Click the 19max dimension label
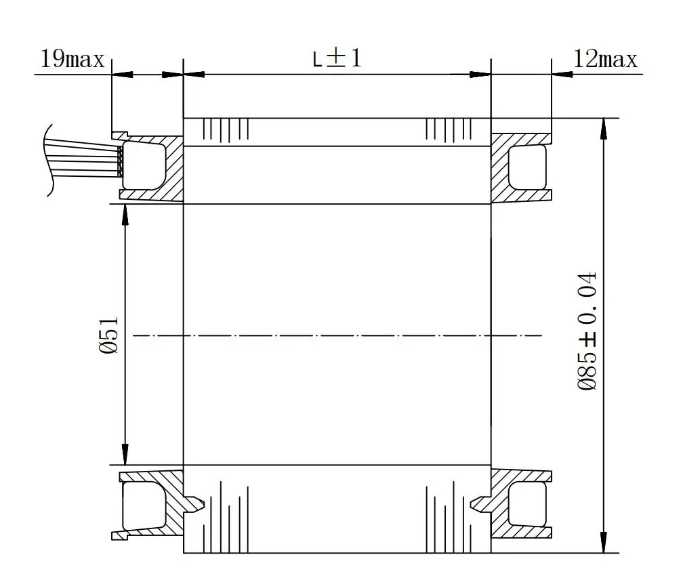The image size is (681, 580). tap(73, 60)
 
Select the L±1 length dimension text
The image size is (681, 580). tap(337, 58)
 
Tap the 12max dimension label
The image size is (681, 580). tap(605, 60)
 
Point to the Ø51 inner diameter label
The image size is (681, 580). tap(111, 334)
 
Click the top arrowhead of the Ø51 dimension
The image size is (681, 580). tap(125, 212)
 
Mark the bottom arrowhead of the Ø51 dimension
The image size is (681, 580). tap(125, 456)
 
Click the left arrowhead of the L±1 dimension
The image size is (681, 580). tap(192, 75)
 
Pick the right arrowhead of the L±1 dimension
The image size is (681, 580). tap(482, 75)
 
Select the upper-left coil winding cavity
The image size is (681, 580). tap(144, 165)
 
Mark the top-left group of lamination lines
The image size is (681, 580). tap(226, 128)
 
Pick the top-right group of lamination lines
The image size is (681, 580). tap(448, 128)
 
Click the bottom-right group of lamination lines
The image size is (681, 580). tap(448, 518)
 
